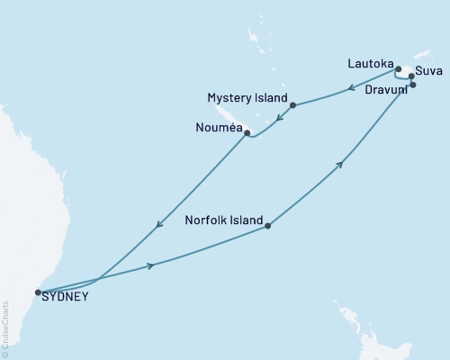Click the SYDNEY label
pos(66,296)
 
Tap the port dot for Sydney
pos(37,292)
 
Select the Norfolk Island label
pos(224,220)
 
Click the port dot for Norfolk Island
pos(267,227)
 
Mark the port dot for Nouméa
pos(247,133)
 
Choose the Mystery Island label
pos(247,97)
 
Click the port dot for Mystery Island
pos(292,105)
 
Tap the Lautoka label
pos(370,64)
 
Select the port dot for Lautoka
pos(398,68)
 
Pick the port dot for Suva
pos(411,76)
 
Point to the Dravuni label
pos(386,89)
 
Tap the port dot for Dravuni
pos(412,85)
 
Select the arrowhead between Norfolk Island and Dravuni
pos(340,164)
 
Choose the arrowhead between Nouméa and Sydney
pos(158,225)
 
